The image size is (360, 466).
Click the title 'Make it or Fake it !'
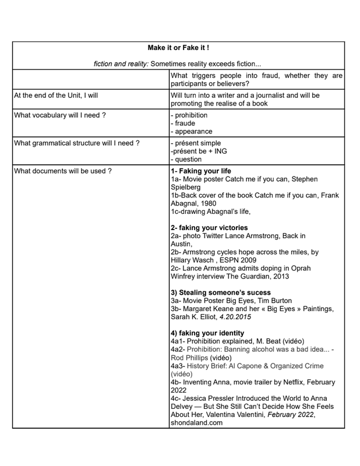click(178, 47)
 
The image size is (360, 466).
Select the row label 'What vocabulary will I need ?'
click(60, 115)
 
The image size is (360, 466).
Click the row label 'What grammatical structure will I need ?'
click(77, 143)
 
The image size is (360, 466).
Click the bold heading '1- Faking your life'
click(201, 171)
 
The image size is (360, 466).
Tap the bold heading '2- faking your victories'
click(209, 228)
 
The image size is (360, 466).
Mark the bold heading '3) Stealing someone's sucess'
click(220, 292)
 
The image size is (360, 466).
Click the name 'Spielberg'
click(187, 188)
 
